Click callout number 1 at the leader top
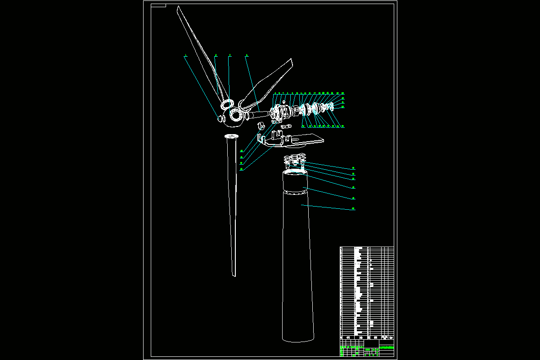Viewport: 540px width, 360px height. click(x=185, y=55)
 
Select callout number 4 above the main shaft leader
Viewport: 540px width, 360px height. click(x=246, y=55)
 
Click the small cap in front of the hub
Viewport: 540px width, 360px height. click(x=221, y=118)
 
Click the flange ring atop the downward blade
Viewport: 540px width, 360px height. click(x=231, y=136)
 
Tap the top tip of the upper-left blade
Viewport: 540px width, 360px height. click(x=178, y=8)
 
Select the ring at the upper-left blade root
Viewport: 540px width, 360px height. click(x=226, y=104)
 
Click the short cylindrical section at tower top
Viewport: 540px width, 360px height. click(x=294, y=182)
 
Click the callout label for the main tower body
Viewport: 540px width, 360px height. click(x=354, y=209)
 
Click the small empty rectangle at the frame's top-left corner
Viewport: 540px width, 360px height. click(x=158, y=6)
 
